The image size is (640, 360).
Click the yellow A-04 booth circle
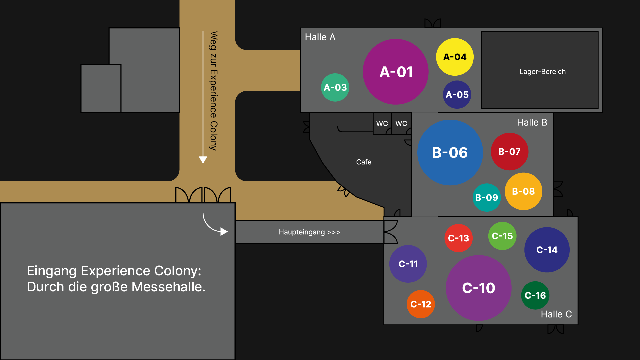coord(455,57)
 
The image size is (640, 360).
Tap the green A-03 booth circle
coord(335,87)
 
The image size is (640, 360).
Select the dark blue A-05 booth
coord(457,95)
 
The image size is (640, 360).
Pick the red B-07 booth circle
coord(509,152)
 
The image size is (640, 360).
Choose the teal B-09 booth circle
coord(487,197)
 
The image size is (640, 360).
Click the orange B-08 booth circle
coord(523,191)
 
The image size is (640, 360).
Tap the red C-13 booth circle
coord(458,238)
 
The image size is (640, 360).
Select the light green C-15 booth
coord(502,236)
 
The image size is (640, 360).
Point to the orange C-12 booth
coord(421,304)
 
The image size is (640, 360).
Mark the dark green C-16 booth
coord(535,295)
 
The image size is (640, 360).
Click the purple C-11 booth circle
coord(408,264)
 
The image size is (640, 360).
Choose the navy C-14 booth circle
coord(547,250)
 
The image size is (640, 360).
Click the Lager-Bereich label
coord(542,72)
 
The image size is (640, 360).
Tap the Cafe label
coord(364,162)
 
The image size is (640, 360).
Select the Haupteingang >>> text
coord(309,232)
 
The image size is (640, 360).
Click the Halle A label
coord(320,37)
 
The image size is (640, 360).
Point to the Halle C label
coord(556,314)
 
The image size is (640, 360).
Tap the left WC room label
coord(382,123)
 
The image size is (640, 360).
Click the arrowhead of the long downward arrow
coord(203,160)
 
